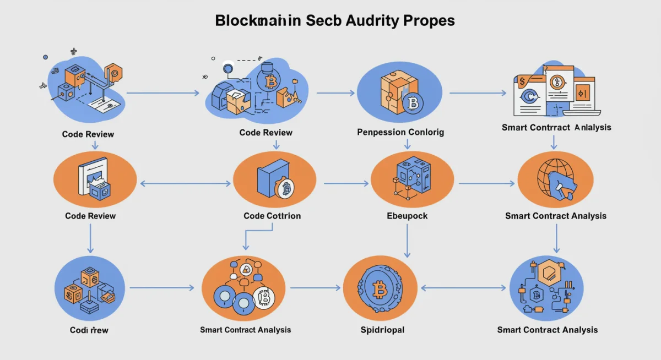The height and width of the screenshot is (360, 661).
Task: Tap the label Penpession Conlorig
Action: [400, 132]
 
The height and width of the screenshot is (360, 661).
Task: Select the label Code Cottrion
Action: [272, 216]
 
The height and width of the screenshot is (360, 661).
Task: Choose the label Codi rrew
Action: [89, 330]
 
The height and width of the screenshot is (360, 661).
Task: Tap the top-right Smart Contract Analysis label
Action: [556, 127]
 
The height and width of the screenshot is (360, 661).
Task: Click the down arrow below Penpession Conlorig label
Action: [407, 144]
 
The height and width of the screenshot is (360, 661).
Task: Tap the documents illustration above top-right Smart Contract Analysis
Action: [554, 91]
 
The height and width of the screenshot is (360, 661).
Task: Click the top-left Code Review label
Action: [88, 134]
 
